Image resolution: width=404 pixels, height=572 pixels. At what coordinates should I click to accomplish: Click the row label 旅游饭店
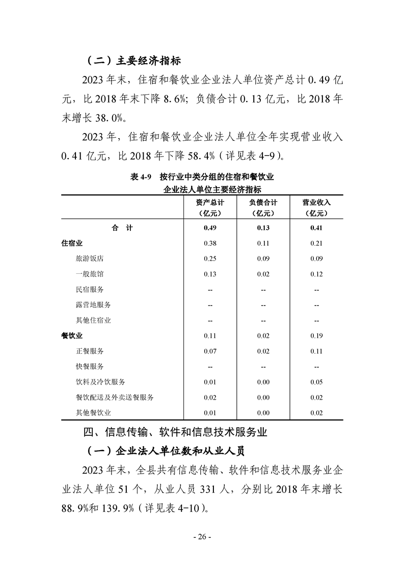pos(90,258)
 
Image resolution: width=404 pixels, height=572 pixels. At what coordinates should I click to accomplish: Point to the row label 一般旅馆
pos(90,274)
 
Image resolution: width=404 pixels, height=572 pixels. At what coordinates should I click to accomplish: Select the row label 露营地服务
pos(93,304)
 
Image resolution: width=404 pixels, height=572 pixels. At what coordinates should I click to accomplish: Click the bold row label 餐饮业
pos(72,335)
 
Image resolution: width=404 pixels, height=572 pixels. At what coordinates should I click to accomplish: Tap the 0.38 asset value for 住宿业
pos(210,243)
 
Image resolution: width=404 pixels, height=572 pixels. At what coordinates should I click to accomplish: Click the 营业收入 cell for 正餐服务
pos(316,351)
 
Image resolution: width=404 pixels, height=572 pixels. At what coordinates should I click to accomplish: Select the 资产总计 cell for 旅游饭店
pos(210,258)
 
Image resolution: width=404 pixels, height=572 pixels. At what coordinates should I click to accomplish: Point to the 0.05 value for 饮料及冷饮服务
pos(316,382)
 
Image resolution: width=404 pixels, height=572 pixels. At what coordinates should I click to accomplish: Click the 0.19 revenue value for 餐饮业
pos(316,335)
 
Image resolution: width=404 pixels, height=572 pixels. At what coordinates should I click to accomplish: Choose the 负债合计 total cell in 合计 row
pos(263,228)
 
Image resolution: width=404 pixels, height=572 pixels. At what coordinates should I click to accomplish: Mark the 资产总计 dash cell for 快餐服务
pos(210,367)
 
